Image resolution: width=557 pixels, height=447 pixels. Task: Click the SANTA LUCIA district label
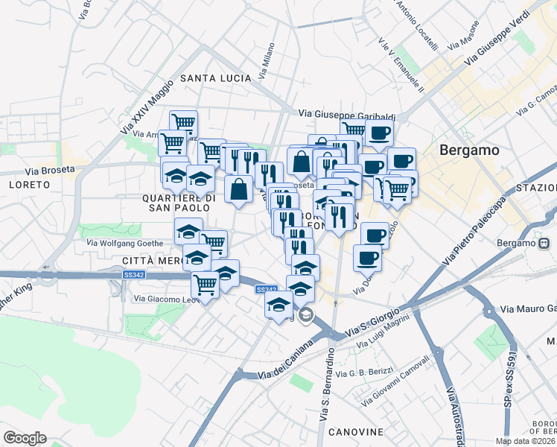click(212, 78)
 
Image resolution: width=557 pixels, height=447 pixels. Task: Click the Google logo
click(25, 438)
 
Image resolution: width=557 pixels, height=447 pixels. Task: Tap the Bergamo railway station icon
click(544, 243)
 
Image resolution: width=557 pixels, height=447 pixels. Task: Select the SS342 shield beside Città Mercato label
click(133, 276)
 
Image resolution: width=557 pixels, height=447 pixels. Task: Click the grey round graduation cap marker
click(305, 317)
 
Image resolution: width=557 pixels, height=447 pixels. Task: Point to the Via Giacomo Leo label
click(162, 299)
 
